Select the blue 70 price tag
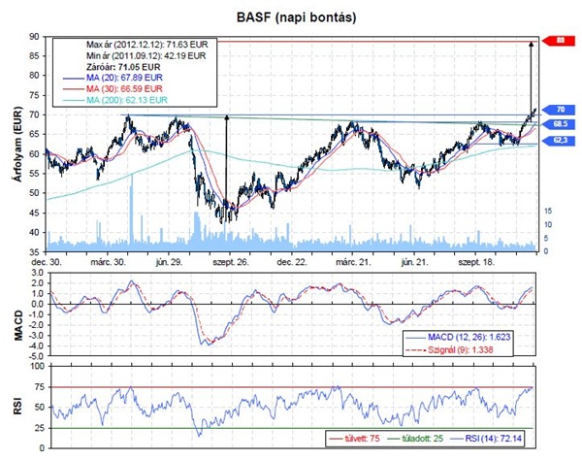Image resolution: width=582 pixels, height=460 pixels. (561, 110)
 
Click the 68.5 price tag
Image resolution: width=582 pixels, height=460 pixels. (561, 125)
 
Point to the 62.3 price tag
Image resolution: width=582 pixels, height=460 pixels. (561, 141)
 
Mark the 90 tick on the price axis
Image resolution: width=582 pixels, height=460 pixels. (34, 36)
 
